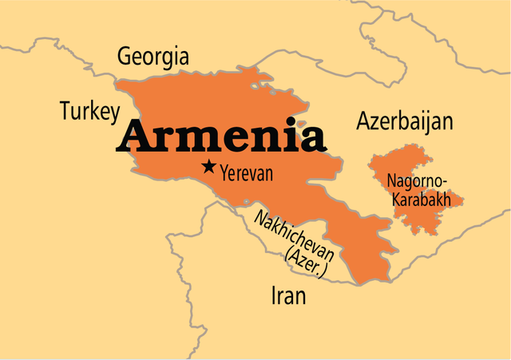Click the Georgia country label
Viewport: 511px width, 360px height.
click(x=153, y=57)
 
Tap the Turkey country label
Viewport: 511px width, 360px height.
click(x=89, y=112)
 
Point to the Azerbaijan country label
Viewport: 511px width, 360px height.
click(x=404, y=122)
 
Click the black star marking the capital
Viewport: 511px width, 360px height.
click(x=208, y=167)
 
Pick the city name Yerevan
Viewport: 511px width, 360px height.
click(x=247, y=172)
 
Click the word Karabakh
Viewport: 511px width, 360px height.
click(x=419, y=199)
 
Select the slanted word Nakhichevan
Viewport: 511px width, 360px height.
click(x=299, y=235)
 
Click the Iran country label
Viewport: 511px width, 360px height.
click(x=288, y=297)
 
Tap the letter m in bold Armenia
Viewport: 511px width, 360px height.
click(x=192, y=140)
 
